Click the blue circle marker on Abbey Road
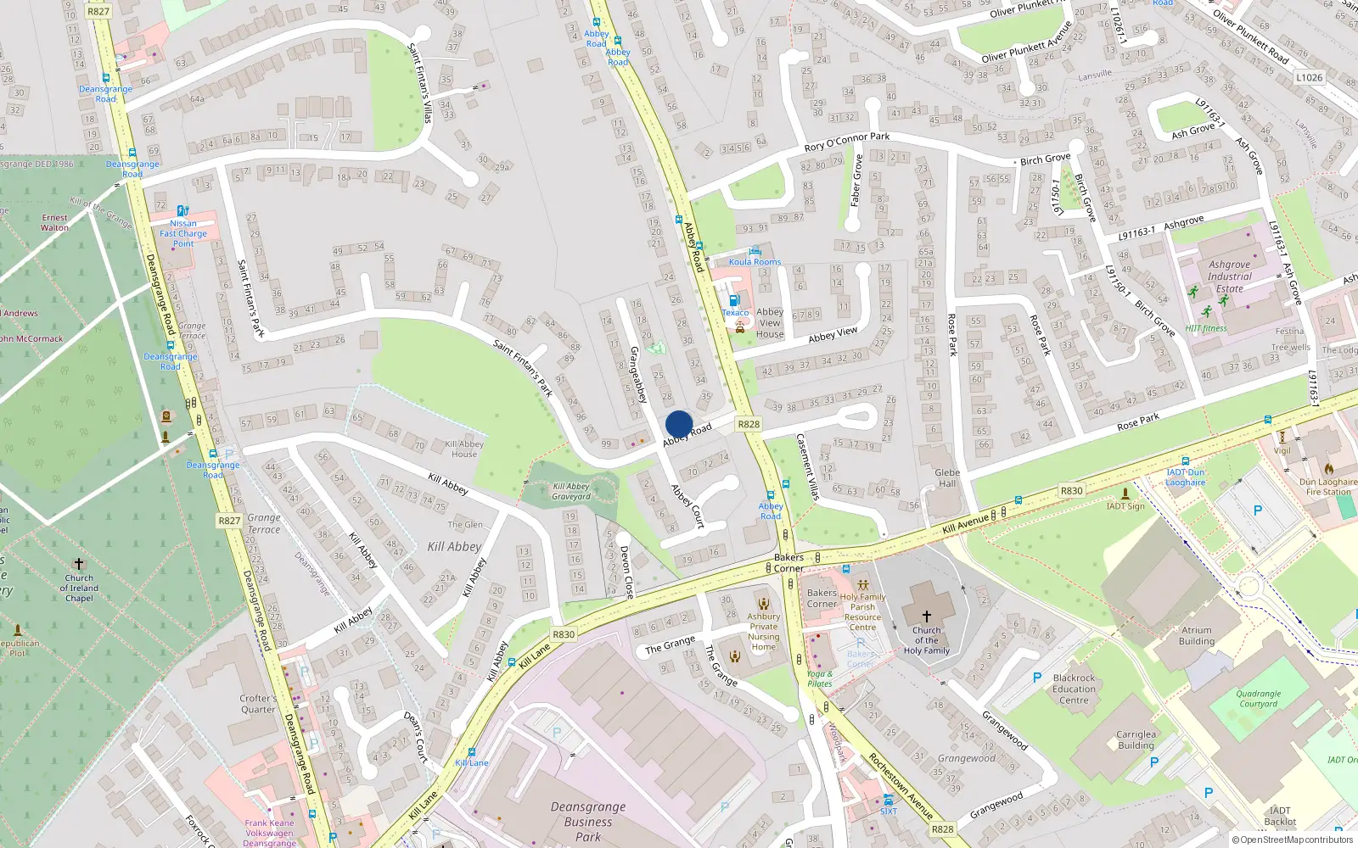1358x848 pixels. pos(679,424)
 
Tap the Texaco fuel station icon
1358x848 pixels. pos(734,300)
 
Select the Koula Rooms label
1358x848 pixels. pos(755,261)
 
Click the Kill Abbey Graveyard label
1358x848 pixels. pos(571,492)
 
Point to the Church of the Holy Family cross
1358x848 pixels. pos(926,616)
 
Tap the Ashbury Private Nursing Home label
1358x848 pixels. pos(764,632)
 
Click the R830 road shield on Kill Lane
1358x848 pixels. pos(564,634)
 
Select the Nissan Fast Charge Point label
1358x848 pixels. pos(183,233)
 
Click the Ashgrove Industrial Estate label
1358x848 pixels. pos(1229,276)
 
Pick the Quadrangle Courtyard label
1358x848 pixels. pos(1258,699)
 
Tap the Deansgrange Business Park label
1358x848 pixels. pos(588,822)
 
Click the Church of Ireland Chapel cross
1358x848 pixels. pos(79,564)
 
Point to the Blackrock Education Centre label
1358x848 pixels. pos(1074,689)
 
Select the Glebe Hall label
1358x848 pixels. pos(947,478)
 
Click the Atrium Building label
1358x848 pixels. pos(1197,635)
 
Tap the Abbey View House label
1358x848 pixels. pos(770,322)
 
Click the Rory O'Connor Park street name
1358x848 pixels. pos(846,141)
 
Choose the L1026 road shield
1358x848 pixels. pos(1309,77)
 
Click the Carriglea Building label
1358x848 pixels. pos(1136,740)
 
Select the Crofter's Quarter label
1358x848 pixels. pos(258,704)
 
